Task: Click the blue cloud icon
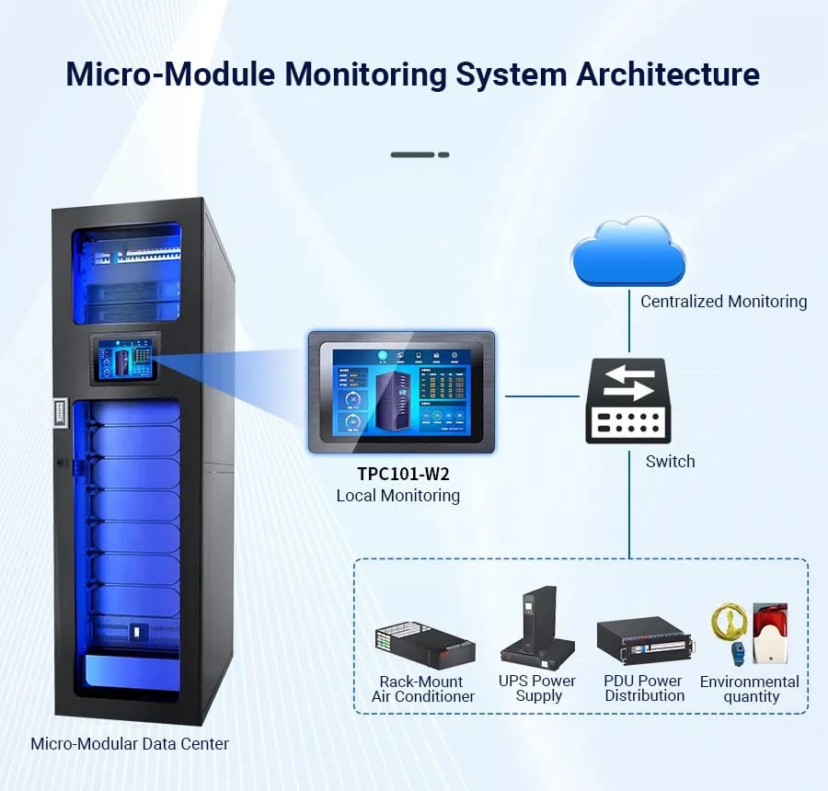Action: (x=628, y=252)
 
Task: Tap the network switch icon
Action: (x=628, y=400)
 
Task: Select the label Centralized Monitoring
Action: (x=723, y=302)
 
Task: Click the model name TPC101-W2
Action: (x=397, y=475)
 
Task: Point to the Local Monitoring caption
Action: (x=397, y=496)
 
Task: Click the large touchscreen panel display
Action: (x=400, y=392)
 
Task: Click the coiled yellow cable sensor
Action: (x=728, y=623)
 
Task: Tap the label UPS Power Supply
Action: (x=537, y=688)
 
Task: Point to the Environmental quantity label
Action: (x=749, y=689)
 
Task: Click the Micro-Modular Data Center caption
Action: (x=130, y=743)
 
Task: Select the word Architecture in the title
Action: (x=668, y=75)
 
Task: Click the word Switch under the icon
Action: (x=670, y=462)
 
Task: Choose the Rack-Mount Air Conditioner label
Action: (x=422, y=689)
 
